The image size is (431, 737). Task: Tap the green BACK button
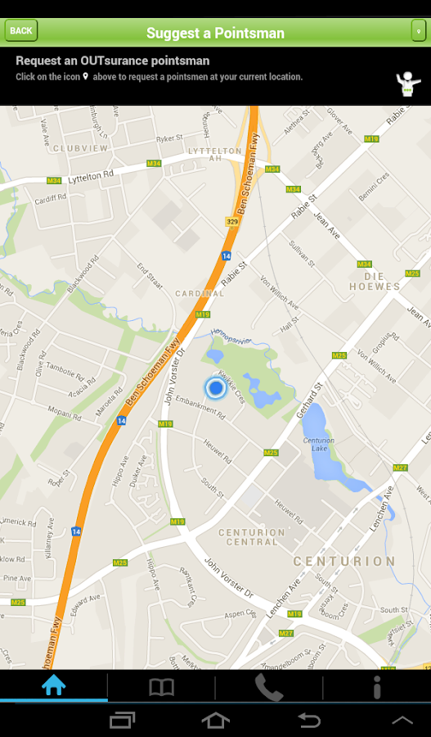pos(21,31)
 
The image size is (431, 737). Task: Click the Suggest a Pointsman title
pos(215,33)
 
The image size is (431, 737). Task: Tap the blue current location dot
pos(215,387)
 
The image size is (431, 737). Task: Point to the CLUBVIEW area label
pos(80,148)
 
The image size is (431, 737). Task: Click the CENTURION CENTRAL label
pos(252,537)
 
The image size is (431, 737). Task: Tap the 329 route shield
pos(232,221)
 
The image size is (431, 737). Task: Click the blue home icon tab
pos(54,686)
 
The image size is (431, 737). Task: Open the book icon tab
pos(161,687)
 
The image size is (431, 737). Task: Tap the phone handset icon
pos(268,687)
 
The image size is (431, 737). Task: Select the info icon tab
pos(377,687)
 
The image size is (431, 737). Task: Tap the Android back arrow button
pos(309,720)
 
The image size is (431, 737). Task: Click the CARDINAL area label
pos(200,293)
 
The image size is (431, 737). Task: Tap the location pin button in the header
pos(418,31)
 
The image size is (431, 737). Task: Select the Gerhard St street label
pos(311,398)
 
